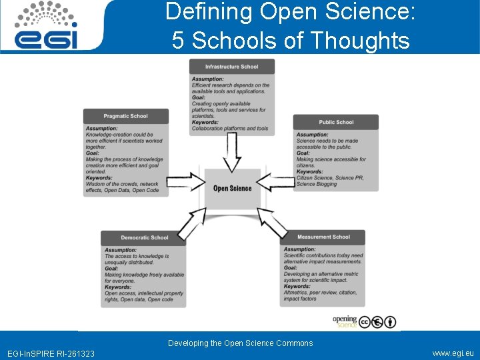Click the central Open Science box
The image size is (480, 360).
[x=232, y=189]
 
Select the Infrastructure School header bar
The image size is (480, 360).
[x=232, y=67]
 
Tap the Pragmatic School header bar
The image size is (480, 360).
[x=125, y=116]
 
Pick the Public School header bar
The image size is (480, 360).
[x=336, y=122]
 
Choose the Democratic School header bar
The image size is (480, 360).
[x=144, y=237]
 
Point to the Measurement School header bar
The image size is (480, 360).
[x=323, y=237]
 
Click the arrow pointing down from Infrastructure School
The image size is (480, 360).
[x=232, y=152]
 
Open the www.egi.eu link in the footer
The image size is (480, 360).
[x=453, y=353]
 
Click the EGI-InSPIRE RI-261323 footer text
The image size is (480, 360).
[x=51, y=353]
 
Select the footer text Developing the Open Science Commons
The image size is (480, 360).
[x=240, y=343]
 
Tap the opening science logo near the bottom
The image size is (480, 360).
[x=345, y=321]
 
